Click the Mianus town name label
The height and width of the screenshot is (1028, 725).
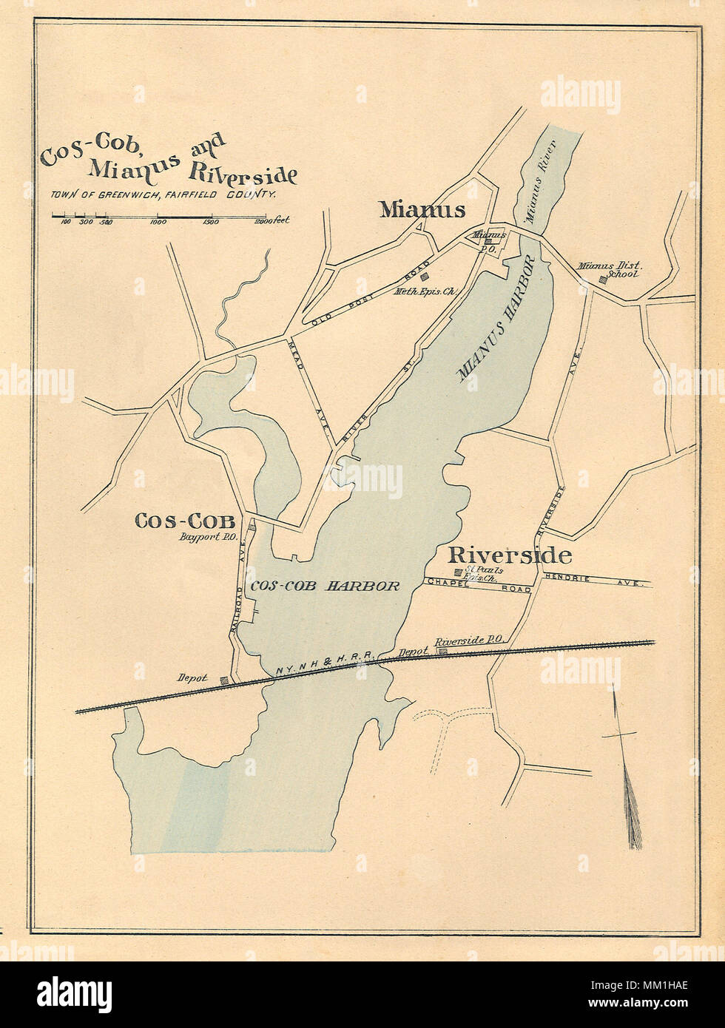click(422, 210)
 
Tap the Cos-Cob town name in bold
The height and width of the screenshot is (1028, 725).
click(184, 521)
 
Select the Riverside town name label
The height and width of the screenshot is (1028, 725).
click(509, 555)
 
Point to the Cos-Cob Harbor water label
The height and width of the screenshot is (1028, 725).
click(325, 586)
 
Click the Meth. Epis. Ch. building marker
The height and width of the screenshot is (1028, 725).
click(425, 277)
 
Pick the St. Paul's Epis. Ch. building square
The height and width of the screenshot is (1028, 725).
click(459, 572)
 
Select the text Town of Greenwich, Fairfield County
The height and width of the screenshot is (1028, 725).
click(163, 195)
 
